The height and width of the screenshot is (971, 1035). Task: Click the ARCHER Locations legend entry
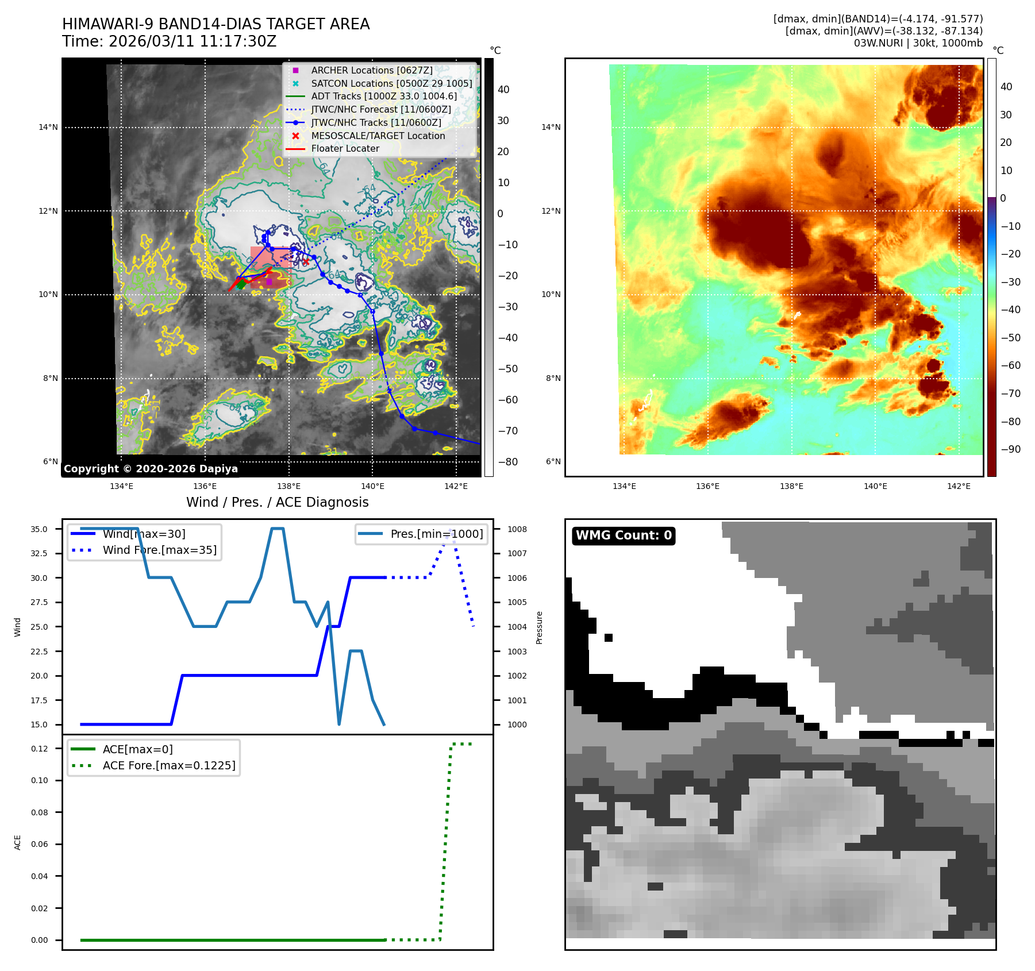tap(371, 70)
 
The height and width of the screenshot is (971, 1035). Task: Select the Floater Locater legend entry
tap(345, 148)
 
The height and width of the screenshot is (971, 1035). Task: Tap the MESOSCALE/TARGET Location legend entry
tap(378, 136)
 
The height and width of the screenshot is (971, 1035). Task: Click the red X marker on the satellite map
tap(306, 262)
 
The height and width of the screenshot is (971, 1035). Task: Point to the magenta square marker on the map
tap(269, 282)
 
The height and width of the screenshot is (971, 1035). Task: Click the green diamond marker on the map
tap(241, 283)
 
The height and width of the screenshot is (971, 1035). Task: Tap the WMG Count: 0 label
tap(624, 535)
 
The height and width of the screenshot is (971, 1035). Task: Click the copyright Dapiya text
tap(151, 469)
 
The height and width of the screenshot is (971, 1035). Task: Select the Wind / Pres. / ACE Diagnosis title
tap(277, 502)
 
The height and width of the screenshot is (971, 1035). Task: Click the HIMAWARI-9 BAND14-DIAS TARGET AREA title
tap(216, 24)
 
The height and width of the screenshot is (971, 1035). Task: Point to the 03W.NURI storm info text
tap(918, 43)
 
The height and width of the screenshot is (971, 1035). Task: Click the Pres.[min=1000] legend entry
tap(436, 534)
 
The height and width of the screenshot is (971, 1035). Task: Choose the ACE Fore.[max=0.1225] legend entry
tap(168, 765)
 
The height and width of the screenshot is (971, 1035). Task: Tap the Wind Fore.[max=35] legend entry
tap(159, 550)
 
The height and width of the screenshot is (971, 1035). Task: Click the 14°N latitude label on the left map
tap(48, 127)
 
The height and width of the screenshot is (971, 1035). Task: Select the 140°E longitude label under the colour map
tap(875, 486)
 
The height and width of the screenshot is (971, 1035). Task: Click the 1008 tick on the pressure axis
tap(517, 529)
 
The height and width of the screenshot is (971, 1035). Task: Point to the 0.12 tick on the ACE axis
tap(40, 749)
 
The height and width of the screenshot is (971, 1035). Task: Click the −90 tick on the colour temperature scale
tap(1010, 449)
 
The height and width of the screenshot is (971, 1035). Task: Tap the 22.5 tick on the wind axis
tap(40, 652)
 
